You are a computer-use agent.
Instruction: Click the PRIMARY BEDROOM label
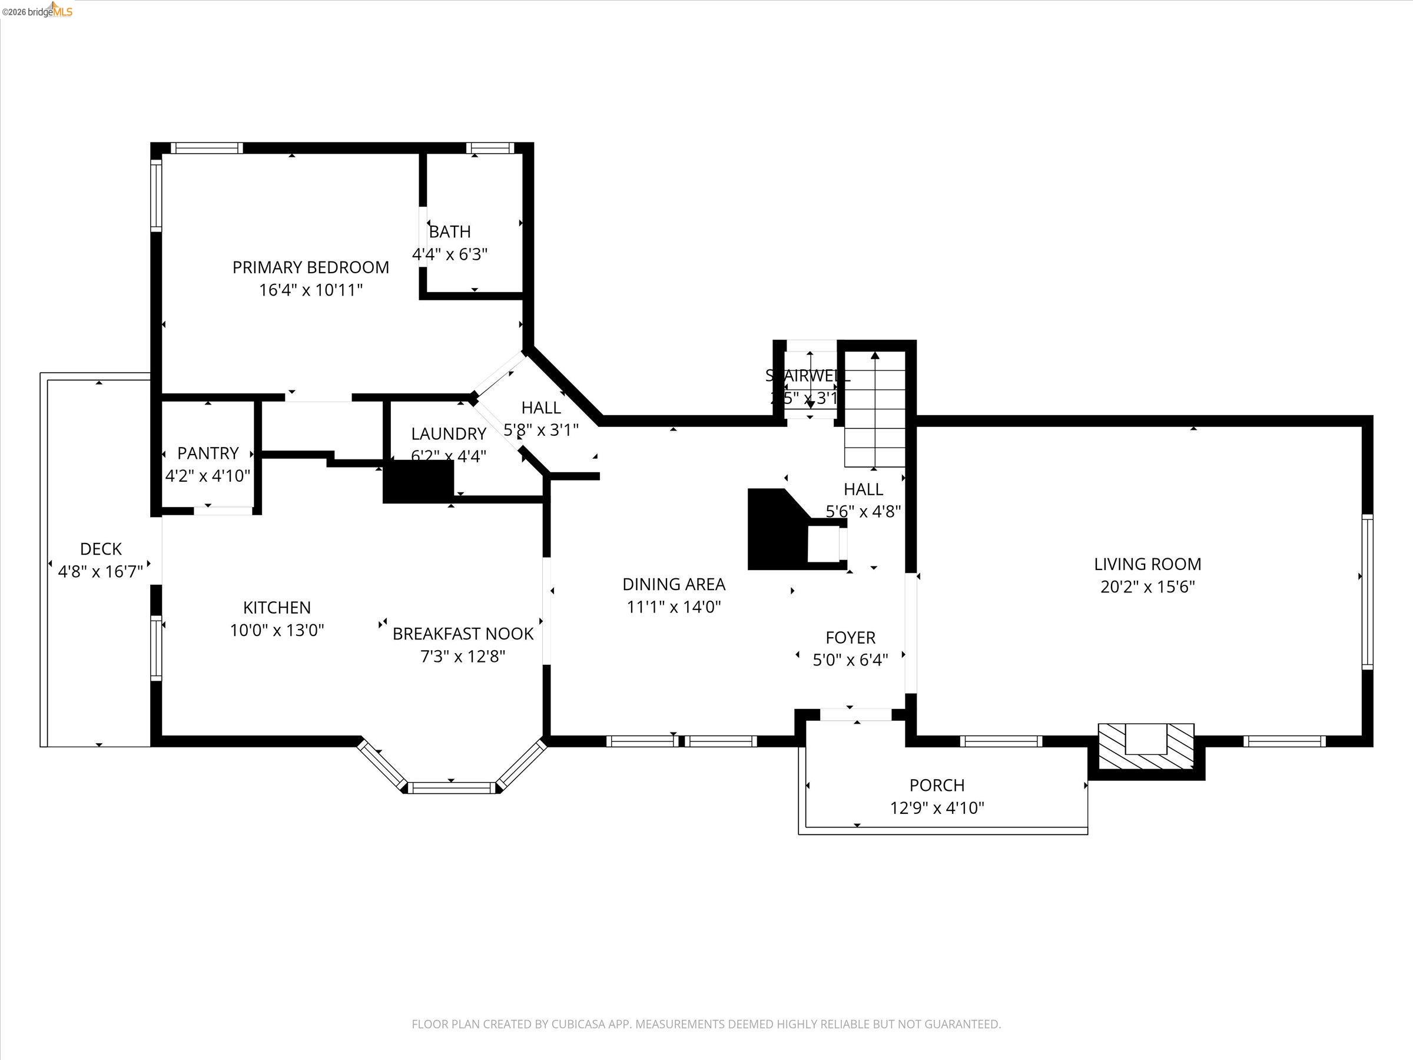[310, 267]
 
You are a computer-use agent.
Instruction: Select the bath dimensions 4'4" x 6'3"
[450, 254]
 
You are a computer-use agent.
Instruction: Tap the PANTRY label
[208, 453]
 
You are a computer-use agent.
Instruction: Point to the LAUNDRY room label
[449, 434]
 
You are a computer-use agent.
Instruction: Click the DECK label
[101, 549]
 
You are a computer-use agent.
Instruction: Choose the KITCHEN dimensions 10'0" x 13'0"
[277, 630]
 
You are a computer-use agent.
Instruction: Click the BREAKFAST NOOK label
[463, 634]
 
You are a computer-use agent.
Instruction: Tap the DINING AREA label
[674, 584]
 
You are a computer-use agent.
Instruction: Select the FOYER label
[850, 637]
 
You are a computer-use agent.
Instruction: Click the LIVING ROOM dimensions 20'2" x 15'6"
[1147, 587]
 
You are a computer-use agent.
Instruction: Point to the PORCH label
[937, 784]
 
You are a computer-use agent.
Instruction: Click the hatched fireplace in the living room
[1146, 746]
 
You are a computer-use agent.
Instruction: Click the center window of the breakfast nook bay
[452, 787]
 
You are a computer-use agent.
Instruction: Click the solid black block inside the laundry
[419, 481]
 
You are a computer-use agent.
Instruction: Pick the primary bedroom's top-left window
[206, 148]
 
